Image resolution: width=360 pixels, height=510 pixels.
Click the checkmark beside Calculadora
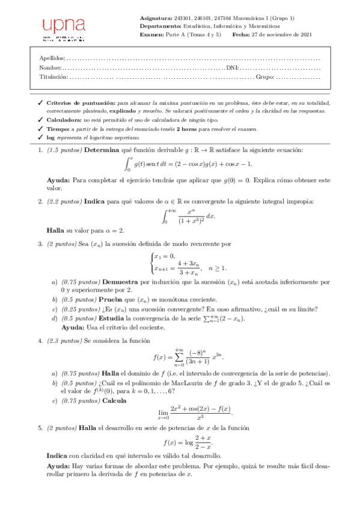click(x=40, y=120)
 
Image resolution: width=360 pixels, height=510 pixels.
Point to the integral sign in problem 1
click(x=128, y=164)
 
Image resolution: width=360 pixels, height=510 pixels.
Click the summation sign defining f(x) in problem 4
click(x=178, y=357)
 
